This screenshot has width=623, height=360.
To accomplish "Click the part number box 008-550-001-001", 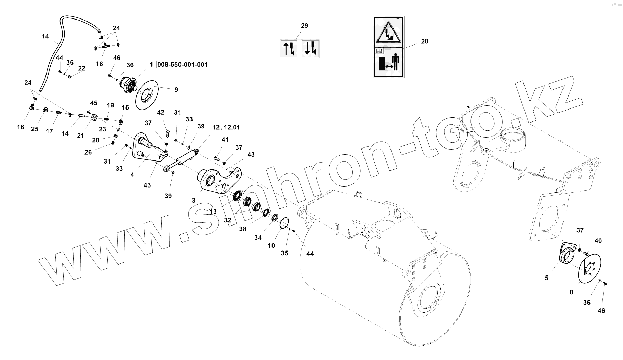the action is (x=183, y=64).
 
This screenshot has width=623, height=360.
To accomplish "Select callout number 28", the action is (x=424, y=41).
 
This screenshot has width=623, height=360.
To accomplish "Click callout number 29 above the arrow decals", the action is (x=304, y=26).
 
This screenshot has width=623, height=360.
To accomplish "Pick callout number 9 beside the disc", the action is (x=176, y=90).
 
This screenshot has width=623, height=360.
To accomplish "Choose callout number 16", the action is (x=21, y=127).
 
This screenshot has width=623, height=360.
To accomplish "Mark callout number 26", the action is (x=88, y=152).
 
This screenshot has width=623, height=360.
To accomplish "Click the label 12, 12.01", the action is (x=226, y=127).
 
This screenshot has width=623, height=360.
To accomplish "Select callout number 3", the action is (x=194, y=201).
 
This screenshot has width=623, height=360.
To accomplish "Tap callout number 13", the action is (x=213, y=212).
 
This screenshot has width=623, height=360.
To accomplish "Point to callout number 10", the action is (x=271, y=245).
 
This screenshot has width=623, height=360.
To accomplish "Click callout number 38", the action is (x=242, y=229).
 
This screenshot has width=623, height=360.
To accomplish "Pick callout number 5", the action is (x=546, y=278).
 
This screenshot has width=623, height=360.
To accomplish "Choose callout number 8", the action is (x=571, y=292).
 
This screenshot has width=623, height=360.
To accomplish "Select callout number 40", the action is (x=598, y=241).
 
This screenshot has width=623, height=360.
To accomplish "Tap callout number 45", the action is (x=94, y=103).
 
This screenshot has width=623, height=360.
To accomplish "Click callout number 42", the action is (x=161, y=112).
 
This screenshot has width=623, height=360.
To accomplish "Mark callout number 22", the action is (x=82, y=68).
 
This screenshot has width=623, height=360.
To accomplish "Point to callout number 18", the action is (x=99, y=64).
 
